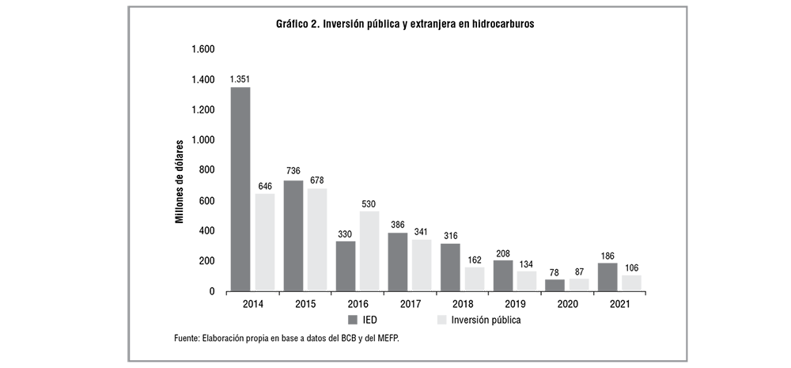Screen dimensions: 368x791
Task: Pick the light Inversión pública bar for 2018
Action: tap(474, 279)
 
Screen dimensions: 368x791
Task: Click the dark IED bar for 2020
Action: tap(555, 285)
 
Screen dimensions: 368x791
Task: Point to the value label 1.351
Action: tap(240, 79)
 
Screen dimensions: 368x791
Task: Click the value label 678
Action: tap(316, 180)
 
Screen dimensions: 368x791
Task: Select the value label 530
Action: tap(369, 203)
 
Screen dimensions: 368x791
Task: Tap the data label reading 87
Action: tap(579, 270)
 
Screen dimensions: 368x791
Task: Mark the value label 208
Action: tap(503, 252)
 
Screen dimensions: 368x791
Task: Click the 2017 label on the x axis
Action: tap(410, 303)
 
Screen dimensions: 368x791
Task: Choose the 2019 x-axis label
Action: tap(515, 303)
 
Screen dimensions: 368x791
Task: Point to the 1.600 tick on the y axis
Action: tap(202, 49)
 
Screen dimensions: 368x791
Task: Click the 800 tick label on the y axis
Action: tap(206, 170)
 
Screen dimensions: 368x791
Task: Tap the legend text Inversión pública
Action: tap(485, 320)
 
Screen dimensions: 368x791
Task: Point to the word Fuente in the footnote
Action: tap(188, 339)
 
